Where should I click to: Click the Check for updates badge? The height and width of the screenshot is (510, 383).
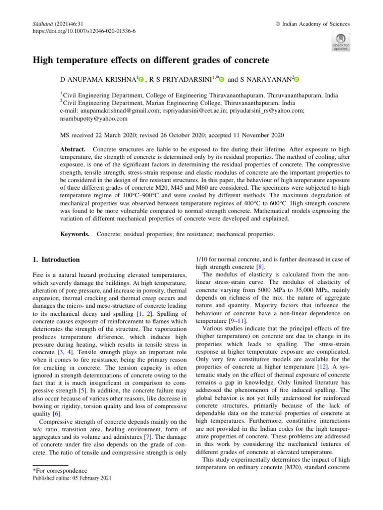[x=341, y=42]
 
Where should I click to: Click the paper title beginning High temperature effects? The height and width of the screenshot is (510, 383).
[x=151, y=60]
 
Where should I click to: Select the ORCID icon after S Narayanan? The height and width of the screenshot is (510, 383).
[x=298, y=79]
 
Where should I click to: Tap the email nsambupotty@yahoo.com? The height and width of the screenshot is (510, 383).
[x=93, y=120]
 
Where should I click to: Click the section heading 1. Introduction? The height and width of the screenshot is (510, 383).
[x=52, y=259]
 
